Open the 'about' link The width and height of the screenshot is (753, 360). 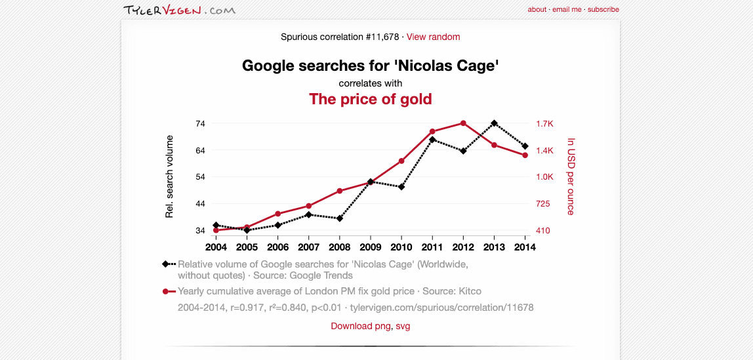click(537, 10)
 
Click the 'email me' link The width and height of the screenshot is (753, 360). click(567, 10)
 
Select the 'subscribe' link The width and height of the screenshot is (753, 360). click(603, 10)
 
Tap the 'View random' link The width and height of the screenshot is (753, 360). click(433, 37)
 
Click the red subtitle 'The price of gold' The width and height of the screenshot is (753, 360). click(370, 99)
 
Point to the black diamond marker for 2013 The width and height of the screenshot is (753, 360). click(494, 123)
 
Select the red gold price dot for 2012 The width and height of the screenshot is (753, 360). click(463, 123)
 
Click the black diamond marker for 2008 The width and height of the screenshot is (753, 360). click(339, 218)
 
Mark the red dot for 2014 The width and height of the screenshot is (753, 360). click(525, 155)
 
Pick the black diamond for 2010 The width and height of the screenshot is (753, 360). click(401, 187)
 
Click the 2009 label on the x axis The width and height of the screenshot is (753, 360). click(371, 247)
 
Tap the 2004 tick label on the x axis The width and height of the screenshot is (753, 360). click(216, 247)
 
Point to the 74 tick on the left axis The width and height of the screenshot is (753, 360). click(200, 123)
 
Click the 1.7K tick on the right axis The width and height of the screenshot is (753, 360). click(544, 123)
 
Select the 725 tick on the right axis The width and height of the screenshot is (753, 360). click(543, 204)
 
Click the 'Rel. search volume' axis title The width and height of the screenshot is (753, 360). click(169, 176)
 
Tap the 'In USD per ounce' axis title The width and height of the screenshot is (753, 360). click(571, 176)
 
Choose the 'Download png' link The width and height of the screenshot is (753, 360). click(361, 326)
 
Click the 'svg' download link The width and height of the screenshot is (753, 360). click(403, 326)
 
